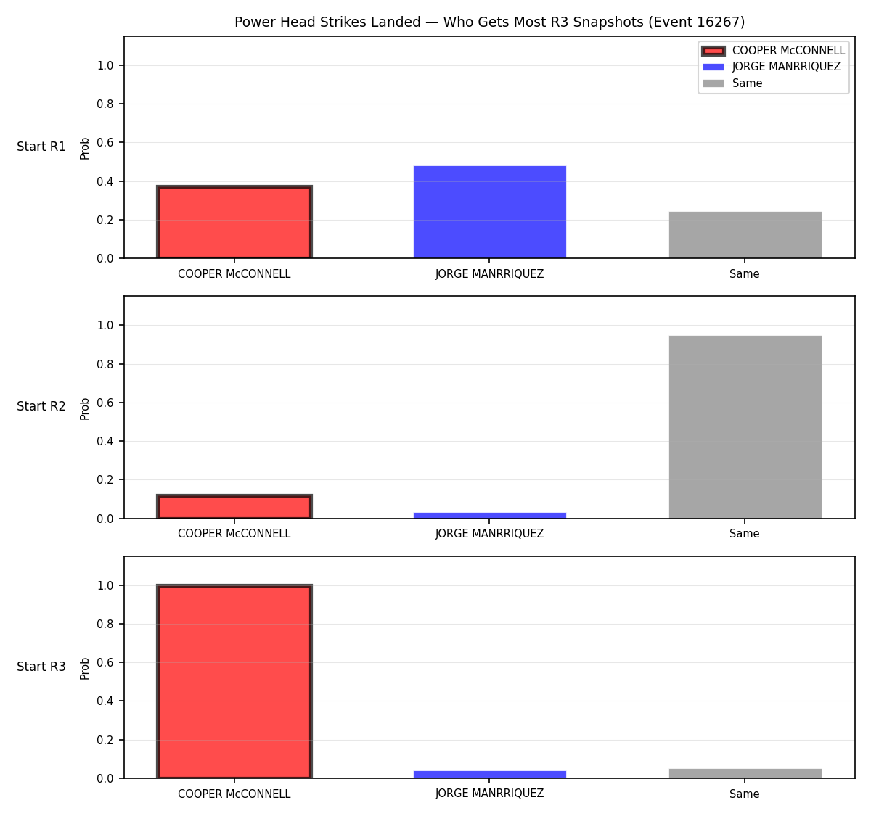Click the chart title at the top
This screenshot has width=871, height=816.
[489, 22]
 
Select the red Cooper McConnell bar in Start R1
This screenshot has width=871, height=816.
[234, 222]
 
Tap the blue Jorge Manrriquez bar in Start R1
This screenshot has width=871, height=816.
[489, 213]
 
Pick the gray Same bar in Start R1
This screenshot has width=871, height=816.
[745, 235]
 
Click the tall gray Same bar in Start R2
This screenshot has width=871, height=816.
[745, 427]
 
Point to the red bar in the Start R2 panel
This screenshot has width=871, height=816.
[234, 506]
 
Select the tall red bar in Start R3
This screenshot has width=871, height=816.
[234, 681]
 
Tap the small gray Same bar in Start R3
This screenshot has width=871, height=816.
[745, 773]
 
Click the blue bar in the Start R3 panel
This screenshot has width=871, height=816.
[489, 775]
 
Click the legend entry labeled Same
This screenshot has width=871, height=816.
[733, 83]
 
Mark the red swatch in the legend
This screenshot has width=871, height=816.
[713, 51]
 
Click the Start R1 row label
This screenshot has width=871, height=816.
[41, 147]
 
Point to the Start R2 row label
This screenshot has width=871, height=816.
[41, 406]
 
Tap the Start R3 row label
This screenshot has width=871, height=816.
[41, 667]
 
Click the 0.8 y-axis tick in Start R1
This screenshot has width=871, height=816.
[105, 104]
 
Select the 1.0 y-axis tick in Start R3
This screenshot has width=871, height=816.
[105, 586]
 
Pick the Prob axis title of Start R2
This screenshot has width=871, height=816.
[84, 408]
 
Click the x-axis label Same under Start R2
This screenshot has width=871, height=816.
[744, 534]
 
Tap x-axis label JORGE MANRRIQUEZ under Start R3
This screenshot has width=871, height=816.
[489, 794]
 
